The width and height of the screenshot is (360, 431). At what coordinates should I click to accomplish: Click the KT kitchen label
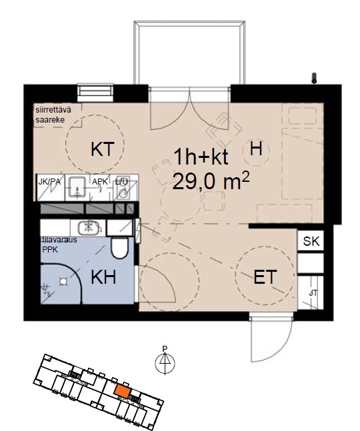coord(102,149)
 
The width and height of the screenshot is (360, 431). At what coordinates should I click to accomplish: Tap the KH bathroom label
coord(103,277)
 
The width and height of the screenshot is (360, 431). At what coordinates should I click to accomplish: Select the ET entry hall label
coord(265,277)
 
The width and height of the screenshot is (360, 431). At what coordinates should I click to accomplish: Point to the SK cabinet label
coord(311,241)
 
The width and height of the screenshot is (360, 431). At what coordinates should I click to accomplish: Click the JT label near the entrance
coord(313,293)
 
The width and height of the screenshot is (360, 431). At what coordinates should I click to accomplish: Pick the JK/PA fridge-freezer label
coord(49,182)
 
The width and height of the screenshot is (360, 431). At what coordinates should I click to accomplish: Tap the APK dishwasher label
coord(100,182)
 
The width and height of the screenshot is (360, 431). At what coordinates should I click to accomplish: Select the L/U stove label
coord(121,182)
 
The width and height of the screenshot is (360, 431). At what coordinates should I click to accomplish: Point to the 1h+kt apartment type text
coord(201,157)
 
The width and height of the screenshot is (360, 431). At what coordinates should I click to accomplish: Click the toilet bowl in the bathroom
coord(119,248)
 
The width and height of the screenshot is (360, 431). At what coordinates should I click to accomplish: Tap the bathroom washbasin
coord(89,228)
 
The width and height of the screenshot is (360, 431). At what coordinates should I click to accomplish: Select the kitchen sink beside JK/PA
coord(77,188)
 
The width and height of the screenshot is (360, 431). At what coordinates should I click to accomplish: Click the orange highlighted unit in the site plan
coord(123,391)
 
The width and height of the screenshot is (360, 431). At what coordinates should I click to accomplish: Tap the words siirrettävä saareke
coord(53,115)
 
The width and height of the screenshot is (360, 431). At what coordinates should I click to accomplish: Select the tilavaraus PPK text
coord(59,244)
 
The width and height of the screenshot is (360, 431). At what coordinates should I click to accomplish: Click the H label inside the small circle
coord(256,149)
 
